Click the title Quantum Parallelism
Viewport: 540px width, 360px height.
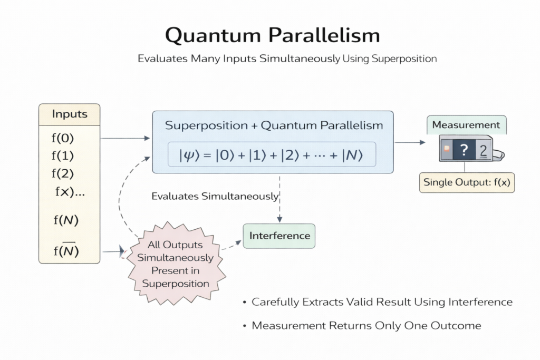(x=272, y=35)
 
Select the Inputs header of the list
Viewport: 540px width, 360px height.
(x=69, y=114)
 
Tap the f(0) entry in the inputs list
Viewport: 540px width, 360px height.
(x=63, y=139)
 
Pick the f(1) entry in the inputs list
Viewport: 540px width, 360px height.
(x=63, y=156)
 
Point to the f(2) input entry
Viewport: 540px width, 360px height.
(x=63, y=173)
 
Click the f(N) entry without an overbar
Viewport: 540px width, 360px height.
(x=65, y=220)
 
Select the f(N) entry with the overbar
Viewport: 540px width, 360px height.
(x=65, y=251)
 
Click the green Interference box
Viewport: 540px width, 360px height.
(x=278, y=236)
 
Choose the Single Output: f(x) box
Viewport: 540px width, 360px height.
(x=467, y=183)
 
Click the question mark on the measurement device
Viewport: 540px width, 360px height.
(x=463, y=150)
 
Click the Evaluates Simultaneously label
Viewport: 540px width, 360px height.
(x=215, y=197)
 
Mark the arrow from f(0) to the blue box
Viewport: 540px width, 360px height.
(x=125, y=139)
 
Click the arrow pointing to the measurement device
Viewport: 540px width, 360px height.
(x=410, y=142)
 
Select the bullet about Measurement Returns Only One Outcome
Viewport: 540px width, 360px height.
(x=365, y=326)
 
